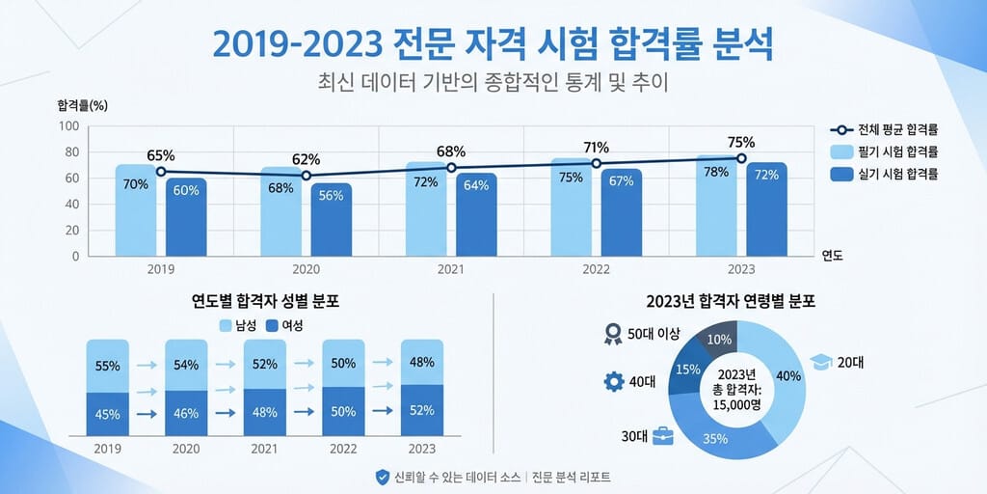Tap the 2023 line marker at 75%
click(741, 158)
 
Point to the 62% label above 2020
click(306, 159)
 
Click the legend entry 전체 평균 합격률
click(884, 129)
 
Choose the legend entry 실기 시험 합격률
click(884, 174)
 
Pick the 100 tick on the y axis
click(69, 125)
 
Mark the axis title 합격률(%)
click(82, 104)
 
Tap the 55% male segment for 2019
click(107, 366)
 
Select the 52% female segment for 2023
click(421, 410)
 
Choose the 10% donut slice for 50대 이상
click(719, 339)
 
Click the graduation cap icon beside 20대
click(820, 362)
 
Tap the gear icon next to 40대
click(613, 381)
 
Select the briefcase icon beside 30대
click(663, 436)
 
